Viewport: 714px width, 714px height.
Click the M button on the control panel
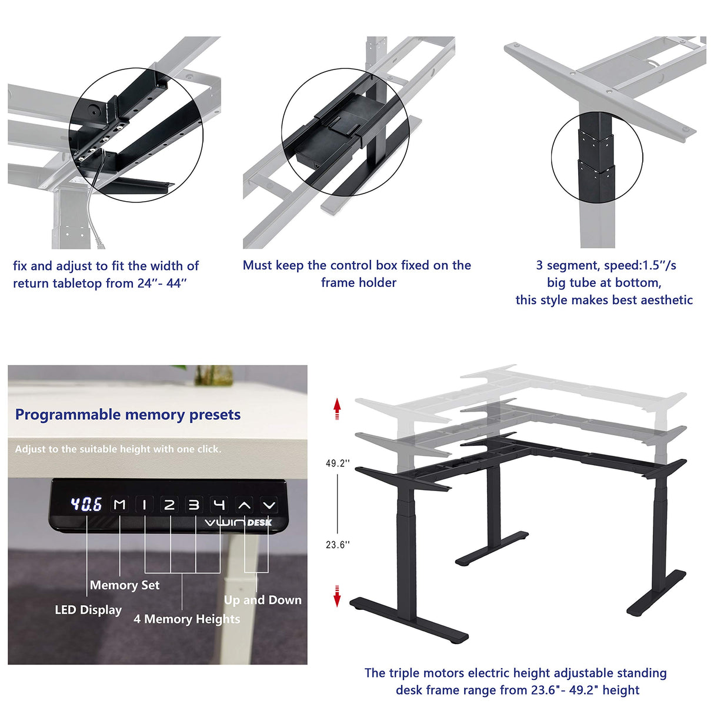pos(120,505)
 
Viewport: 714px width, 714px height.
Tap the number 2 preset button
pos(169,505)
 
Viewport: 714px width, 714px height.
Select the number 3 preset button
pos(194,505)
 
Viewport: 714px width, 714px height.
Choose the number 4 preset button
pos(219,505)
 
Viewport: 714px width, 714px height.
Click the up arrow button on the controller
pos(244,505)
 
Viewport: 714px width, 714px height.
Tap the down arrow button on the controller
pos(269,505)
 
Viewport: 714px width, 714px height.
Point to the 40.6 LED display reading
pos(86,505)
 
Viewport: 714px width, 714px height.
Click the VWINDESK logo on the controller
pos(238,522)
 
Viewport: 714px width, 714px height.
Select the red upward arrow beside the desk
pos(337,408)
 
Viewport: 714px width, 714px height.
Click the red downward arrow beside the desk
pos(337,596)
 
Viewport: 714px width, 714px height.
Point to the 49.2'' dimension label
pos(338,463)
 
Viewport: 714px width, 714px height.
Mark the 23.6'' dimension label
pos(338,545)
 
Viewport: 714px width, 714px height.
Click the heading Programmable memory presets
pos(128,415)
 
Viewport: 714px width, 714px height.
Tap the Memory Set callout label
pos(125,585)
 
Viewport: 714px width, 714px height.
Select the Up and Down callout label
pos(262,600)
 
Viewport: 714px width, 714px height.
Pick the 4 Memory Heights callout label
pos(187,619)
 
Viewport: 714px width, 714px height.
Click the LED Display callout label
pos(88,610)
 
